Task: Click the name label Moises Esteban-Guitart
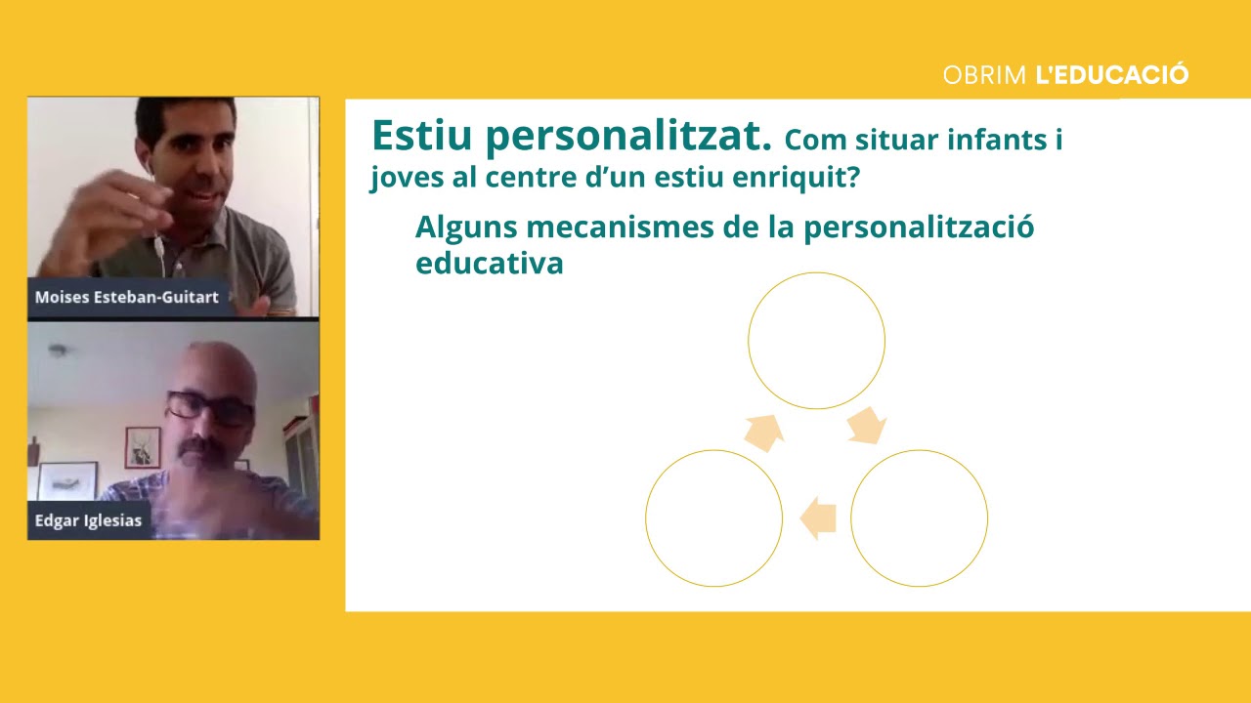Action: (127, 297)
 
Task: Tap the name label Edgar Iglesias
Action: (88, 520)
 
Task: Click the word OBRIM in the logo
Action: (984, 75)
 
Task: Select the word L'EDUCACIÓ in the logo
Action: (1111, 75)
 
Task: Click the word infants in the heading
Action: (995, 141)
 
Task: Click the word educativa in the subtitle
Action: (489, 264)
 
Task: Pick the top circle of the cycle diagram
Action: (816, 341)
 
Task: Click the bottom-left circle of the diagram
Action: (713, 518)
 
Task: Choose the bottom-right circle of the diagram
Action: (919, 518)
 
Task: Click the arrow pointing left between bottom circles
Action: (818, 518)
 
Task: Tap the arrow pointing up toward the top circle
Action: (765, 432)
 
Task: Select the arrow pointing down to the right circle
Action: (866, 427)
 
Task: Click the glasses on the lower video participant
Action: (209, 407)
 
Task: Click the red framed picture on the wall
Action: (143, 447)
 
